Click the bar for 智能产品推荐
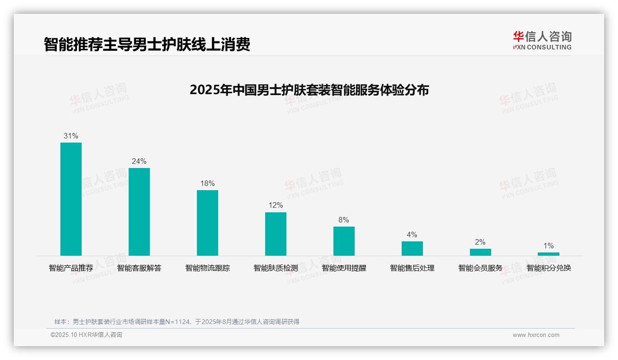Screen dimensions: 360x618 coord(71,199)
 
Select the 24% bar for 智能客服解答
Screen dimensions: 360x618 coord(139,212)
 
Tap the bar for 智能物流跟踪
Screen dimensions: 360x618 coord(208,223)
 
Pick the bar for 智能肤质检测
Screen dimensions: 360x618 coord(276,234)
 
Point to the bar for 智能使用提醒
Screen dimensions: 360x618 coord(344,241)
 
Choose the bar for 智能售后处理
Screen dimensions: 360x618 coord(412,248)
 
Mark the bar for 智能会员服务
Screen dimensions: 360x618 coord(481,252)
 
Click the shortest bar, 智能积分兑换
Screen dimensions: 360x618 coord(548,254)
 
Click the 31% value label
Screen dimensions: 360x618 coord(71,136)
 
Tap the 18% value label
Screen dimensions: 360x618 coord(208,184)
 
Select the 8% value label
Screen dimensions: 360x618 coord(344,220)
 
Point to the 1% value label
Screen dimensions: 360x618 coord(548,246)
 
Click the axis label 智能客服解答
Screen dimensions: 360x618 coord(139,268)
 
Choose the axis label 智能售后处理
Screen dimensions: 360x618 coord(412,268)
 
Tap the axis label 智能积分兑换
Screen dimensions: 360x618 coord(549,268)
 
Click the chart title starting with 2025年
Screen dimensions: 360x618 coord(309,90)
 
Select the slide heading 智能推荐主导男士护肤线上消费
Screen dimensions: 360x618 coord(147,45)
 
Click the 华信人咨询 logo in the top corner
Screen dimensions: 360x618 coord(542,40)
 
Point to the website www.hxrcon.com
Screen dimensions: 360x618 coord(536,335)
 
